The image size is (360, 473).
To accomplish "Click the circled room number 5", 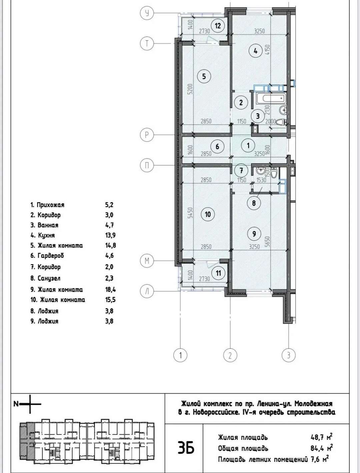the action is (x=204, y=76).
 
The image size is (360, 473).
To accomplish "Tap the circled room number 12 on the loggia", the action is (x=218, y=26).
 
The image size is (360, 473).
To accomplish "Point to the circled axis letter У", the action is (x=147, y=13).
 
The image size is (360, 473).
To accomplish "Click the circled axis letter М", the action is (x=147, y=261).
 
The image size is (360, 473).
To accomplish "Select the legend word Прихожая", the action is (x=51, y=205).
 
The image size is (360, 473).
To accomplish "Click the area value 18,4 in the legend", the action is (x=110, y=289).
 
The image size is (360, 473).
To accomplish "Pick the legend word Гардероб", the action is (x=51, y=256).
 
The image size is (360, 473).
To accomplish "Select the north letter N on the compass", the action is (x=16, y=404).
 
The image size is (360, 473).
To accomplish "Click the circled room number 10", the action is (x=208, y=214).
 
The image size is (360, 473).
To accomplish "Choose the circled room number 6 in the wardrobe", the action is (x=217, y=147).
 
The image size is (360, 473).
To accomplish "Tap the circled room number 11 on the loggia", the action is (x=219, y=273).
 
